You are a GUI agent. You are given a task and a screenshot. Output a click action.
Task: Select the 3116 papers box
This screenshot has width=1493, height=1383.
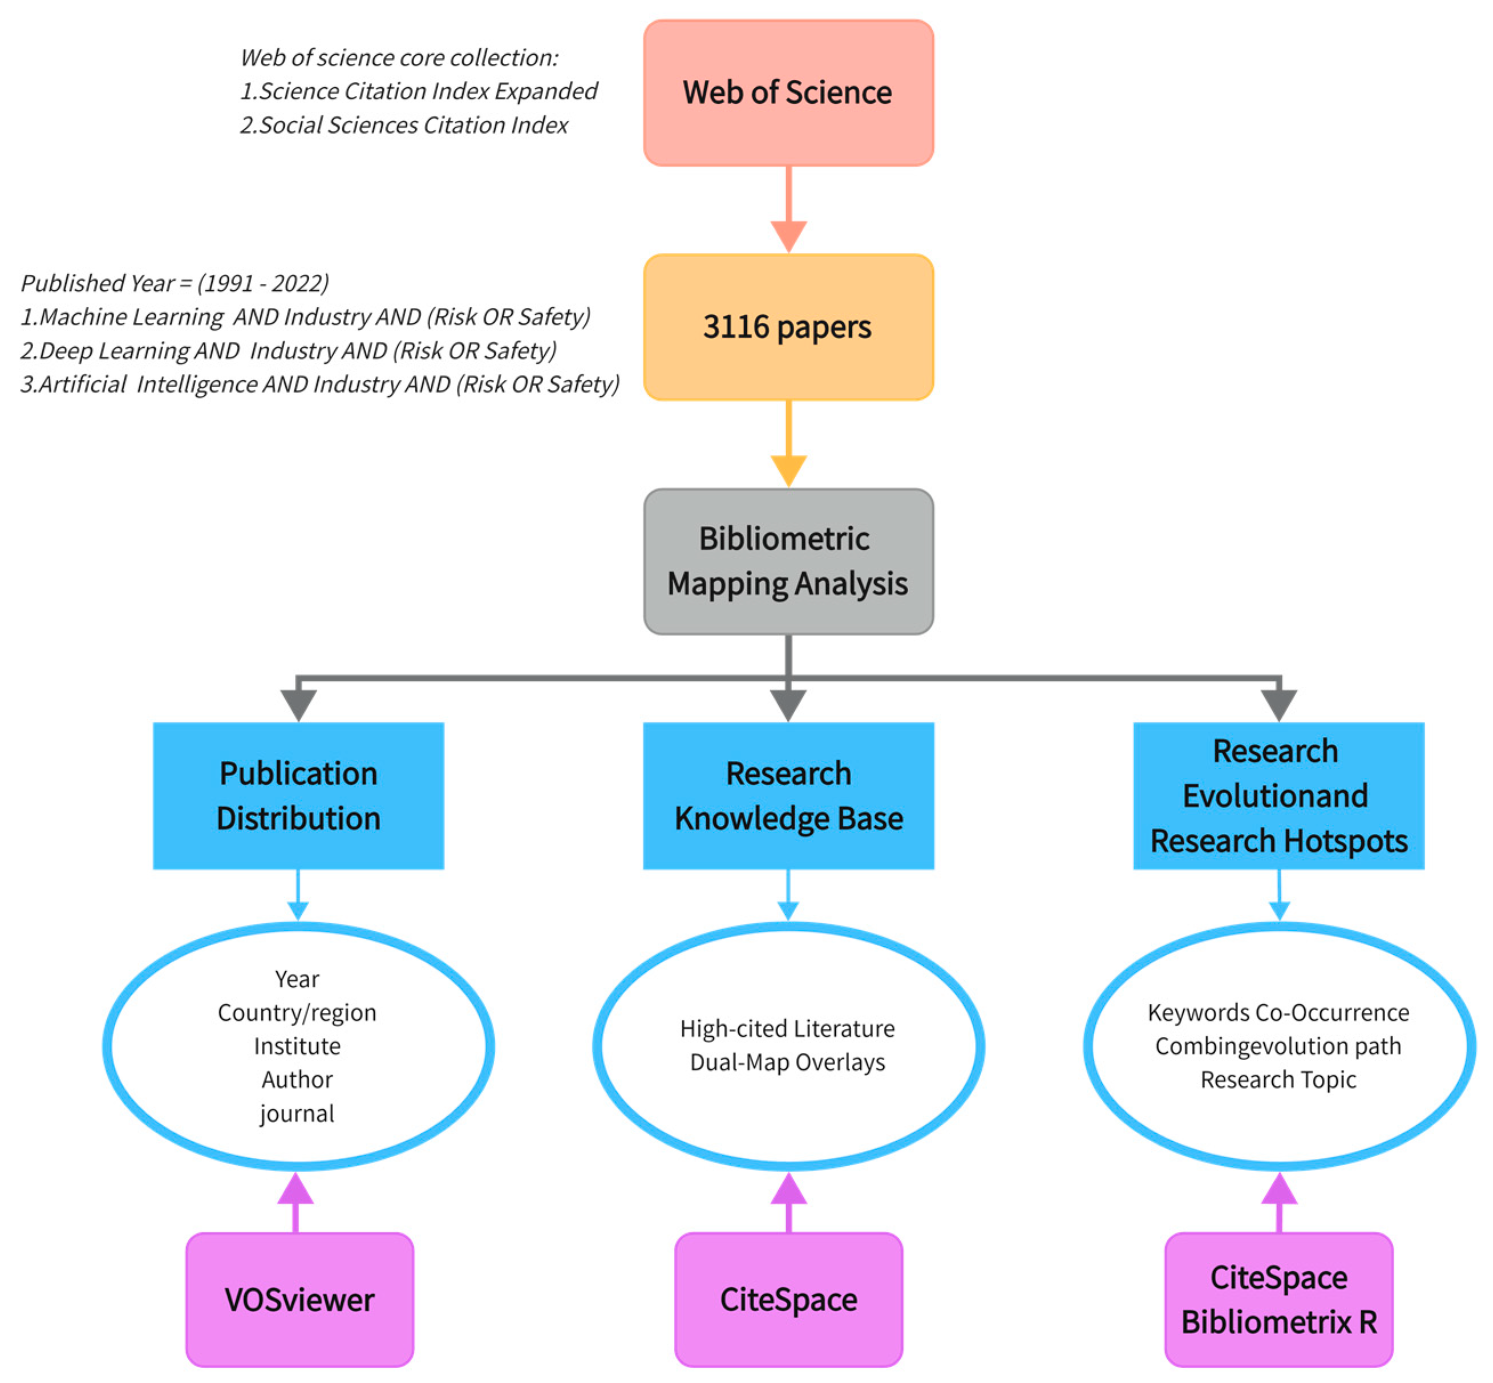[788, 327]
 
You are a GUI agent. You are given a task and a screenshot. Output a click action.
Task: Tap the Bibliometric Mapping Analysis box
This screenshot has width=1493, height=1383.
[788, 561]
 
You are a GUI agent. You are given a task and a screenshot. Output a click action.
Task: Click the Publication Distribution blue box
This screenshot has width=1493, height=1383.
[298, 795]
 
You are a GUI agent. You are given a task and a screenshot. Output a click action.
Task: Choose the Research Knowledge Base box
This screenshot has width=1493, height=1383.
[788, 795]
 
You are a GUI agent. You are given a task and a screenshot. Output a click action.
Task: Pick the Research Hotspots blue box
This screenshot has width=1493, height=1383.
[1278, 795]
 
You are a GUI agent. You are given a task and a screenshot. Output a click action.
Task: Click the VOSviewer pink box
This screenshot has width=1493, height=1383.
[300, 1300]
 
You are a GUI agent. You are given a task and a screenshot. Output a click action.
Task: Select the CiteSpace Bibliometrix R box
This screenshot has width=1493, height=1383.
[1278, 1300]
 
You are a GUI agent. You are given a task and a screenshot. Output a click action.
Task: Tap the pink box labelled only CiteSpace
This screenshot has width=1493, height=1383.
[788, 1300]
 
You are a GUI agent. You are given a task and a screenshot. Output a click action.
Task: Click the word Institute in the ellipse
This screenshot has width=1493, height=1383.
[297, 1045]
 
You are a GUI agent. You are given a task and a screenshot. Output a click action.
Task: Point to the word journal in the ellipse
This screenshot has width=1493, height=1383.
[297, 1113]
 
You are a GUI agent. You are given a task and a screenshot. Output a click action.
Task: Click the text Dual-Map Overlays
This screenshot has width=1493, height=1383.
[788, 1062]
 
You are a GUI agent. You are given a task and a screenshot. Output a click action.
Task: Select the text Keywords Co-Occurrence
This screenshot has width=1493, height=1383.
[1278, 1012]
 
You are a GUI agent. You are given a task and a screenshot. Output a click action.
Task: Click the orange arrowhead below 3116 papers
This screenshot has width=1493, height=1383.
[788, 470]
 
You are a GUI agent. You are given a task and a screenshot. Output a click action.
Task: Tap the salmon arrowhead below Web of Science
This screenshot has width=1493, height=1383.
[788, 236]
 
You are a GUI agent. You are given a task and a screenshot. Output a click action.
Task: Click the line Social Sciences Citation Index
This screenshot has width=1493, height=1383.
[404, 125]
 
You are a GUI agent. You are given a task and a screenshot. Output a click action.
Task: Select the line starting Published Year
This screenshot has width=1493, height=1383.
[175, 283]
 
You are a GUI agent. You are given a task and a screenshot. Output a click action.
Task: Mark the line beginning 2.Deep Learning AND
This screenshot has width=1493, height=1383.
[288, 350]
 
